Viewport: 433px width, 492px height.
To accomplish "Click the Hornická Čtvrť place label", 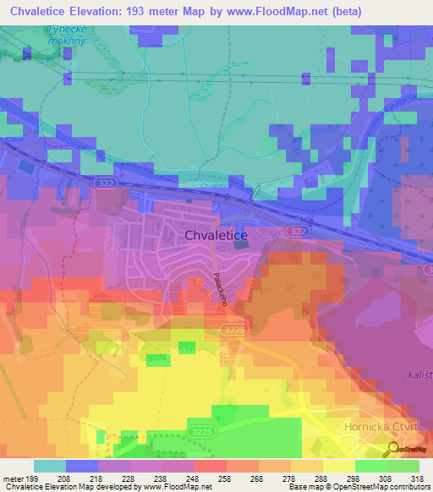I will pyautogui.click(x=381, y=427).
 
